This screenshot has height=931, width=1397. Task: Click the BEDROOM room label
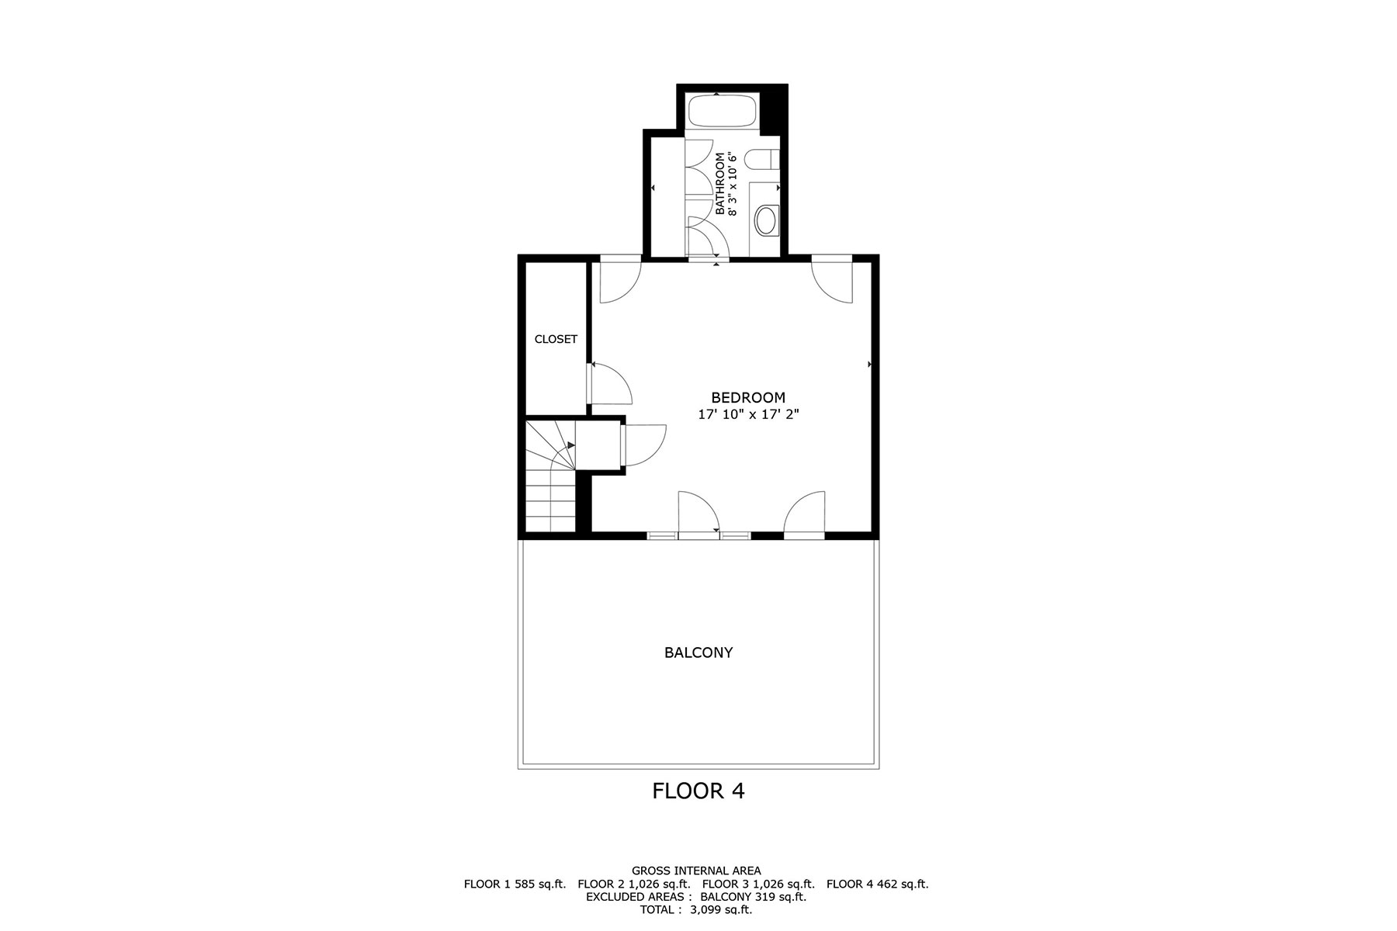coord(748,398)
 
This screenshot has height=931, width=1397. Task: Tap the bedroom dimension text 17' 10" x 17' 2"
coord(748,415)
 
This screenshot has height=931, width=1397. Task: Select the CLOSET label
coord(556,339)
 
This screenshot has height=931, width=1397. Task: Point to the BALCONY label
coord(698,652)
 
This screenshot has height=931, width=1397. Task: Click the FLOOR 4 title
coord(698,791)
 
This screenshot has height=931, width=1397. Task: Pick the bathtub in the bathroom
coord(722,111)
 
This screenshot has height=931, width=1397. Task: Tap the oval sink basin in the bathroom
coord(767,220)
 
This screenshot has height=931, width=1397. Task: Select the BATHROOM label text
coord(719,184)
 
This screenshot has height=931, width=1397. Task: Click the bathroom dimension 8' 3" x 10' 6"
coord(732,184)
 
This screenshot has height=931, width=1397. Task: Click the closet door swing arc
coord(613,384)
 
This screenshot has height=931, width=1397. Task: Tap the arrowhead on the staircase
coord(571,445)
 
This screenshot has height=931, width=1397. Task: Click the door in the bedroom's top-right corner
coord(834,281)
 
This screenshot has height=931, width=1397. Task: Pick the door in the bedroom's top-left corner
coord(619,281)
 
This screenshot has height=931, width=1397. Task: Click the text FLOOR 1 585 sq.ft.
coord(515,884)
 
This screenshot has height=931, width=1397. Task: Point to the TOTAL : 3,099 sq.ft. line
coord(696,909)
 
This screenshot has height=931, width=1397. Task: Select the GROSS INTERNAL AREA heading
coord(696,870)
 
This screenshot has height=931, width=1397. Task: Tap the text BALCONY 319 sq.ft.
coord(753,897)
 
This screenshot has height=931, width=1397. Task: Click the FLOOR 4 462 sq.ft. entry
coord(877,884)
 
